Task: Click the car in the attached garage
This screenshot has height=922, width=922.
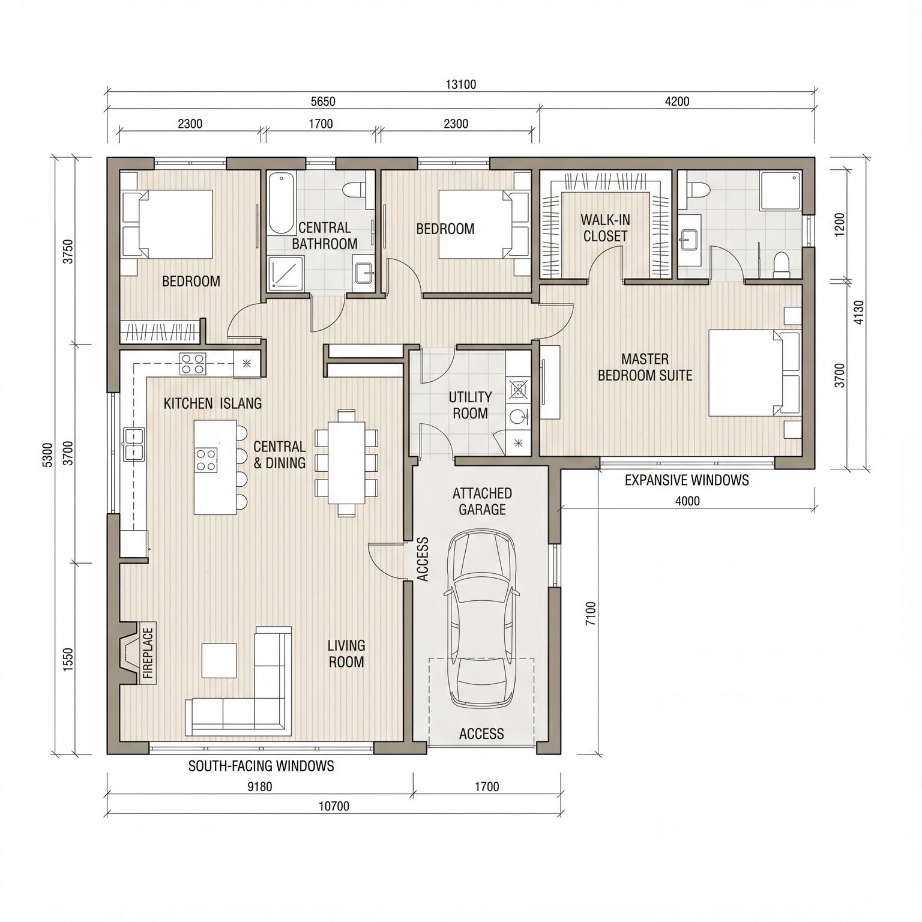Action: (x=482, y=618)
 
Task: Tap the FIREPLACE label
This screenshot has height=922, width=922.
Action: (x=148, y=653)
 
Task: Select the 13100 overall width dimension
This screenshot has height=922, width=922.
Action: (x=461, y=85)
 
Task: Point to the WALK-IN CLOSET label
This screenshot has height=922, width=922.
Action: (x=605, y=228)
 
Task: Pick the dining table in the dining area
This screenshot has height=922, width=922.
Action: (x=346, y=462)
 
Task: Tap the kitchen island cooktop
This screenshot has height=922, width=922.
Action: (x=206, y=460)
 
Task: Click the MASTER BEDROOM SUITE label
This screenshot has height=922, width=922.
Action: (x=645, y=367)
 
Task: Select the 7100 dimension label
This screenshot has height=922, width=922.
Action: (x=591, y=613)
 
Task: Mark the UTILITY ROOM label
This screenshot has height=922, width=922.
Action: (x=470, y=405)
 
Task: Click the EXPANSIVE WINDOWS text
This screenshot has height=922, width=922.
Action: (x=687, y=480)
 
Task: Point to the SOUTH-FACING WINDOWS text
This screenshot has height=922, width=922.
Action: (x=261, y=766)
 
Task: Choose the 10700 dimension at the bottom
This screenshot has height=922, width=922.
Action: (x=334, y=806)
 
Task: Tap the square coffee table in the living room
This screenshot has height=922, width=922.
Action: (x=219, y=660)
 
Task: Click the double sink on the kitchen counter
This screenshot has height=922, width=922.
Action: (x=134, y=444)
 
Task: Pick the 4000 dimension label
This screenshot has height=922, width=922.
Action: (x=687, y=501)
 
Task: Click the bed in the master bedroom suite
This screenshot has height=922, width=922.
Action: (x=754, y=373)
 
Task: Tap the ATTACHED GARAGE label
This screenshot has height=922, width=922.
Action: (x=482, y=502)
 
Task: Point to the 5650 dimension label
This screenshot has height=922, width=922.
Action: (x=323, y=101)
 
